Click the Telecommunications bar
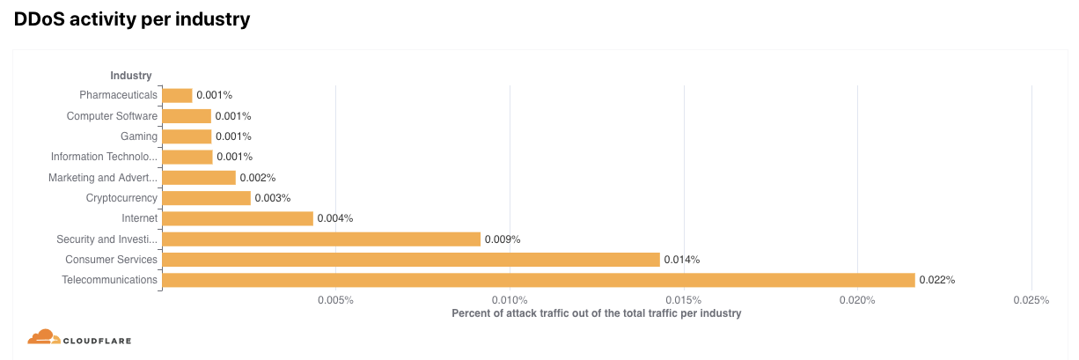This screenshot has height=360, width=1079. (539, 280)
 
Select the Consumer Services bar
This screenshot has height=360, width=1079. (411, 260)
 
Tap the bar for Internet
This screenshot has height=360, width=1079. (238, 218)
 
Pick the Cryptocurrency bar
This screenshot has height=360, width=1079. (207, 198)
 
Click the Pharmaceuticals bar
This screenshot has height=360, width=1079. (178, 95)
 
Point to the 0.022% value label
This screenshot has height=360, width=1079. (936, 280)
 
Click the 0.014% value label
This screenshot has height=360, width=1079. (681, 260)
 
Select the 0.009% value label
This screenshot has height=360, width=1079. (503, 239)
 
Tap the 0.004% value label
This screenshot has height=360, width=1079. (335, 218)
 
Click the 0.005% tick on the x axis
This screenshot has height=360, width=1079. (335, 300)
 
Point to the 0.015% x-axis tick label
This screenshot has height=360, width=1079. (684, 300)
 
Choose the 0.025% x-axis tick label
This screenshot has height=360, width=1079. (1031, 300)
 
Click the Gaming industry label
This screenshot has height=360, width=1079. (139, 136)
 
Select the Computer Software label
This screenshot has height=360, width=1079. (113, 116)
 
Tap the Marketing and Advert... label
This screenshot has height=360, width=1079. (103, 178)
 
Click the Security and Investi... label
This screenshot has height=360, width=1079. (107, 239)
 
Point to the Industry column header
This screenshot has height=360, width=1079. (131, 76)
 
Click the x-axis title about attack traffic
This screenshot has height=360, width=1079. (596, 313)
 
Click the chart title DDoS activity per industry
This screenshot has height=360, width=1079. (132, 19)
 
